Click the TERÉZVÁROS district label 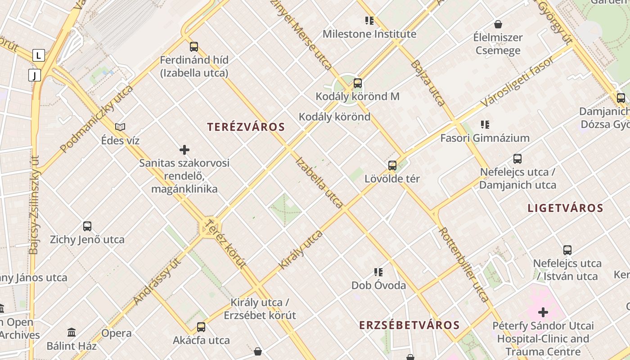pyautogui.click(x=246, y=127)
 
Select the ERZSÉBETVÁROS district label pyautogui.click(x=409, y=325)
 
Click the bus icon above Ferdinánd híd pyautogui.click(x=194, y=46)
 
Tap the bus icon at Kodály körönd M pyautogui.click(x=358, y=83)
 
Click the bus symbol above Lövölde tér pyautogui.click(x=392, y=165)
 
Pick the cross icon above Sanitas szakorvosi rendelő pyautogui.click(x=184, y=150)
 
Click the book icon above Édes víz pyautogui.click(x=120, y=127)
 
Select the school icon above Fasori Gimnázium pyautogui.click(x=485, y=125)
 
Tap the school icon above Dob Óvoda pyautogui.click(x=378, y=272)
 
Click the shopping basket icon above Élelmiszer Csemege pyautogui.click(x=498, y=24)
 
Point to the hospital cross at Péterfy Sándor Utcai pyautogui.click(x=543, y=312)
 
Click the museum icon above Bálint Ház pyautogui.click(x=72, y=333)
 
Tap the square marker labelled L pyautogui.click(x=39, y=56)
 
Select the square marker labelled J pyautogui.click(x=35, y=75)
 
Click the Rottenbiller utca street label pyautogui.click(x=463, y=265)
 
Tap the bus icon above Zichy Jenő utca pyautogui.click(x=87, y=226)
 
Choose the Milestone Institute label pyautogui.click(x=369, y=34)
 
